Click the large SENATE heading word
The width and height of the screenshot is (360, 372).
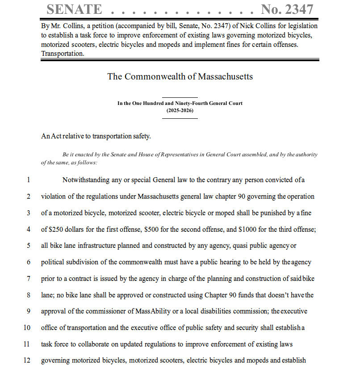point(74,9)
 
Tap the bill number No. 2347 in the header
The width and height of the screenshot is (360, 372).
point(287,9)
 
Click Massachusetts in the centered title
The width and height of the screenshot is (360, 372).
point(225,76)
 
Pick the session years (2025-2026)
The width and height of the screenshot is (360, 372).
point(180,110)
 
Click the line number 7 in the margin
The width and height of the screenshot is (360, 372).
point(28,279)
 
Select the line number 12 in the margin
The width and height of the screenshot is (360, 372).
point(27,360)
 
